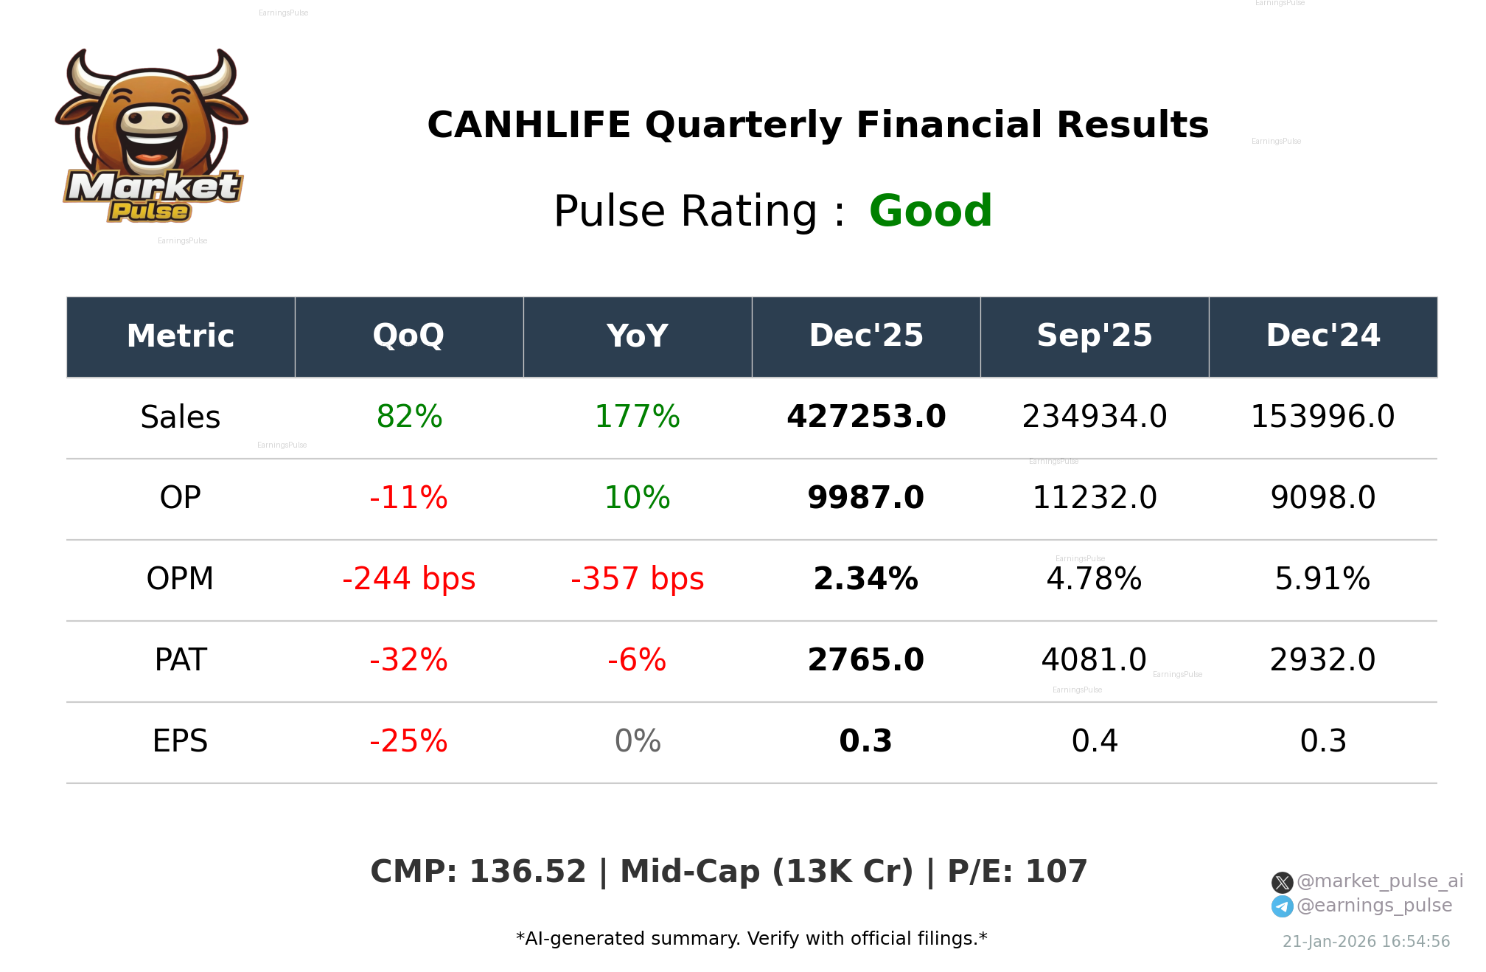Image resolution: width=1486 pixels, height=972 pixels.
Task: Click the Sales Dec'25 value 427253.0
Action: pos(866,417)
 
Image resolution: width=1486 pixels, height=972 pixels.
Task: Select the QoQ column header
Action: pos(408,336)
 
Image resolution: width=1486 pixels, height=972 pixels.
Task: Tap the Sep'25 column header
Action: pos(1094,336)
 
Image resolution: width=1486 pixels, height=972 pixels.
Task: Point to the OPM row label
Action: pos(180,579)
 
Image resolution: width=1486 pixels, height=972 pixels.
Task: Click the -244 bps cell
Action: pos(408,579)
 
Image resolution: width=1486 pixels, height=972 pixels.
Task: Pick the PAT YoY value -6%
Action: pos(637,660)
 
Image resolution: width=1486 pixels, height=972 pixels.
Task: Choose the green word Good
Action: pos(930,211)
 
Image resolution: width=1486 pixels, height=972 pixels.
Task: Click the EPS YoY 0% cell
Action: pos(637,741)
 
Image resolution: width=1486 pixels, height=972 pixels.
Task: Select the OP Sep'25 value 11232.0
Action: pos(1094,498)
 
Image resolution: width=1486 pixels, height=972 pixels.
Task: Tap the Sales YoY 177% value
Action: pos(637,417)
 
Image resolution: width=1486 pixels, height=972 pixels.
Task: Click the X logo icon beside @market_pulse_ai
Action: pos(1282,882)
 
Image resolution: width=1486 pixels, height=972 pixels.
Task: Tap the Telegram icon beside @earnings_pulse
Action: pos(1282,906)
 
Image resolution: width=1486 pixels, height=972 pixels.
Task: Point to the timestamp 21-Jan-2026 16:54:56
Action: pos(1366,942)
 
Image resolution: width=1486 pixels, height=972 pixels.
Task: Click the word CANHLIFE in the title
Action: pos(529,125)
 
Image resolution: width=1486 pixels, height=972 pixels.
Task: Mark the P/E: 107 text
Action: pos(1017,872)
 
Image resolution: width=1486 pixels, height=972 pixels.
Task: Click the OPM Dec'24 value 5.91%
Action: pos(1322,579)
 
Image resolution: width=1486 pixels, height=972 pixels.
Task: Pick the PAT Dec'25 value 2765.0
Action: pos(866,660)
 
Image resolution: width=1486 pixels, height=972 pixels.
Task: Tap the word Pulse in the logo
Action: pos(150,212)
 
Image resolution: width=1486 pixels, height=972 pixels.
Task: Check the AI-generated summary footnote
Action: pos(751,939)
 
